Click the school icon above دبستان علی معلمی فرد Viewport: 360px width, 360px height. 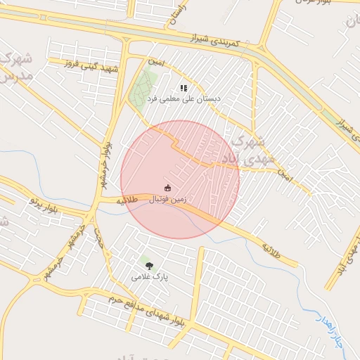(x=184, y=89)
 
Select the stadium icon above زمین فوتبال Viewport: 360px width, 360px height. (x=167, y=188)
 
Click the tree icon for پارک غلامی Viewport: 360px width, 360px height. (x=148, y=264)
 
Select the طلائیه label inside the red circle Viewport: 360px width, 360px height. (x=127, y=200)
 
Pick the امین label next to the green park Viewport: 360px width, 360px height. (x=155, y=64)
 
